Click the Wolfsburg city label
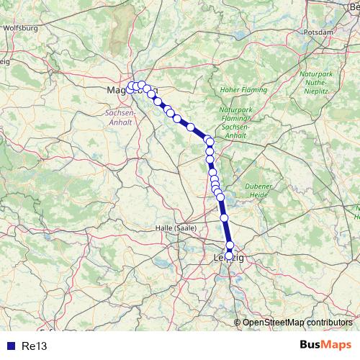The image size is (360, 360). click(x=19, y=28)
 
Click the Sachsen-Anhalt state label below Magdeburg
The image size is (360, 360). click(x=120, y=117)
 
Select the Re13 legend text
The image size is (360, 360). click(x=35, y=346)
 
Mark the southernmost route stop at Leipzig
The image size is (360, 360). click(x=230, y=255)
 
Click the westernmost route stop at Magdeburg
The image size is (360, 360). click(x=131, y=87)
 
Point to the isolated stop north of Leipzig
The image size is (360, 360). click(x=224, y=217)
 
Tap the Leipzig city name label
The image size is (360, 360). click(x=230, y=257)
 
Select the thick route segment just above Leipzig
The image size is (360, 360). click(x=227, y=230)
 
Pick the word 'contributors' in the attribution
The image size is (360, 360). click(x=329, y=322)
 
